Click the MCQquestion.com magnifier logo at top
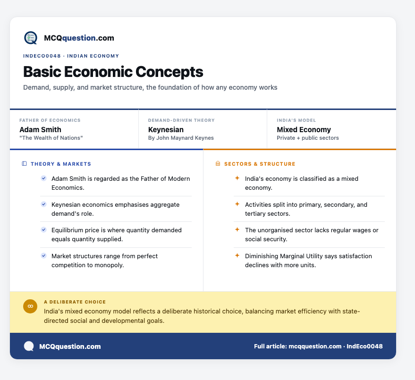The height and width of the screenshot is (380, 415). point(31,38)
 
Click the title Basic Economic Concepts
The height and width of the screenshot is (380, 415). point(113,72)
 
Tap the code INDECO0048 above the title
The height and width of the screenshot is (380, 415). point(42,56)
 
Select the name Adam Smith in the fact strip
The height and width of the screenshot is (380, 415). point(40,130)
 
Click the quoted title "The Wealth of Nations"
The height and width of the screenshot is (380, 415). point(51,138)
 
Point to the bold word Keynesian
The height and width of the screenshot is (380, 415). point(166,130)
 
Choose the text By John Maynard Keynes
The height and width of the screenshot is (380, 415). point(181,138)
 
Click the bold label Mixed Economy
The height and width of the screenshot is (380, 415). point(304,130)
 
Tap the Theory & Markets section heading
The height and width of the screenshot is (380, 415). point(61,164)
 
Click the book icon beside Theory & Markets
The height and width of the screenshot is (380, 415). point(24,164)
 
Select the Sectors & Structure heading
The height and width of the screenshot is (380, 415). point(260,164)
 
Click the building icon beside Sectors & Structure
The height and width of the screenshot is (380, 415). point(218,163)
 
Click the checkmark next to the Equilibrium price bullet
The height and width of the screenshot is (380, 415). point(43,230)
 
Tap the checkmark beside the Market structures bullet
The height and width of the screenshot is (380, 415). point(43,256)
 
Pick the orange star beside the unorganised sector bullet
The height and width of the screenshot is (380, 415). point(237,229)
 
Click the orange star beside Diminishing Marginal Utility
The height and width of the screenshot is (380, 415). point(237,255)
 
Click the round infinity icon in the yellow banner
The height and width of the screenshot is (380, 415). point(30,306)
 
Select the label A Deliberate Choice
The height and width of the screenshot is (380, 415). point(75,302)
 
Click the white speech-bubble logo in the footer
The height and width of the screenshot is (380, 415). point(29,346)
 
